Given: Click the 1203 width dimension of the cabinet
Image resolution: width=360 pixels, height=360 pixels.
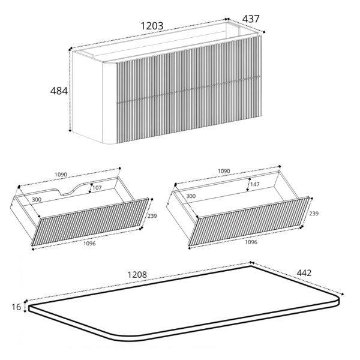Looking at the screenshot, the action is [x=152, y=26].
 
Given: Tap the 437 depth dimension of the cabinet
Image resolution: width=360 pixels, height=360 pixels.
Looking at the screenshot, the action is [x=251, y=19].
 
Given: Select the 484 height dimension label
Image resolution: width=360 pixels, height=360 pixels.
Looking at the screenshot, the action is [x=59, y=91].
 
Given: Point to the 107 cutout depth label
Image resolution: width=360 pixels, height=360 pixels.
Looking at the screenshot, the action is [x=97, y=188].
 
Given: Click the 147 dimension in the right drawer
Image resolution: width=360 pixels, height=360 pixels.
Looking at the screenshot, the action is [x=255, y=184].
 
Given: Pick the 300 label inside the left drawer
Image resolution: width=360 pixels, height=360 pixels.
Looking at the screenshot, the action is [x=37, y=200].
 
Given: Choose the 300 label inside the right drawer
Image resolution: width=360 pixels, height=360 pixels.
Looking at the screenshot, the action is [x=191, y=196].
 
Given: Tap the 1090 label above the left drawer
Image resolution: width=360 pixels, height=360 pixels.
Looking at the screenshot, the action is [x=61, y=175].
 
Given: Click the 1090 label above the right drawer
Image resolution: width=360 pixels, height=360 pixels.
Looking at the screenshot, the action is [x=224, y=171].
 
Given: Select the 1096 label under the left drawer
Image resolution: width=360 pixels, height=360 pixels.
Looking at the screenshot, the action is [x=89, y=244].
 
